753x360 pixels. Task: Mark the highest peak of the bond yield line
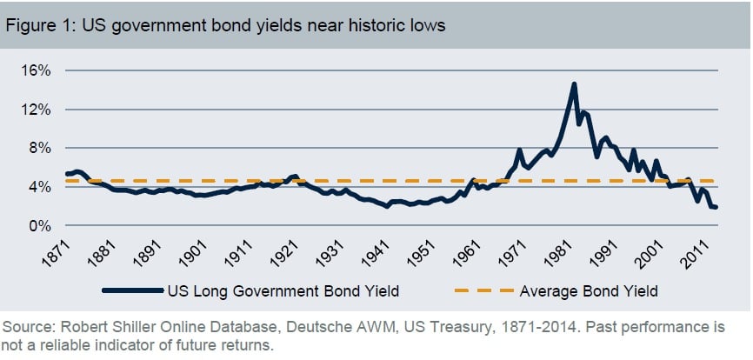(574, 84)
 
